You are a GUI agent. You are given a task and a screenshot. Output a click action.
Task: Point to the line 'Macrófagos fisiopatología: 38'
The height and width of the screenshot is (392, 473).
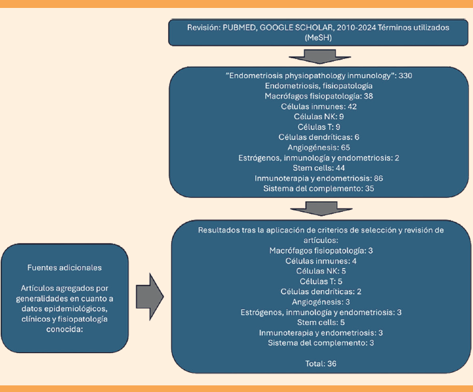[x=320, y=96]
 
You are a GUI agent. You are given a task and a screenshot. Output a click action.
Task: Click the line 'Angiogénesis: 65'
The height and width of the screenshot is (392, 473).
[x=320, y=147]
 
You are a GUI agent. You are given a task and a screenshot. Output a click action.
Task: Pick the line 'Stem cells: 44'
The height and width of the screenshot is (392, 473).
[x=320, y=168]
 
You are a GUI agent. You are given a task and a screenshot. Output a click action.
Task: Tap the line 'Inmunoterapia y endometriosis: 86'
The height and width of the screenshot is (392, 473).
[x=320, y=178]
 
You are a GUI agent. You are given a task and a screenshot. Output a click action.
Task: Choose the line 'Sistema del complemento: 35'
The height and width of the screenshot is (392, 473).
[x=320, y=188]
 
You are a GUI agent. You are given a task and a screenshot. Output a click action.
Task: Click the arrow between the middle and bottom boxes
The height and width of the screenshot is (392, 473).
[x=320, y=209]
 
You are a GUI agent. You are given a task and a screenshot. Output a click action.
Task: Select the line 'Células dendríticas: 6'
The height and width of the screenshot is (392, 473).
[x=320, y=137]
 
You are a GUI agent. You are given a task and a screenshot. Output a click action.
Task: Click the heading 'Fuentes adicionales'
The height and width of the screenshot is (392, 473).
[x=64, y=267]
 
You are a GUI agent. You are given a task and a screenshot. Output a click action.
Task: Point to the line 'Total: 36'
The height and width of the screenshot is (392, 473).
[x=321, y=364]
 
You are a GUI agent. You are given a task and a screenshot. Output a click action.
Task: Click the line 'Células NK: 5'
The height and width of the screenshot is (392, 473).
[x=321, y=271]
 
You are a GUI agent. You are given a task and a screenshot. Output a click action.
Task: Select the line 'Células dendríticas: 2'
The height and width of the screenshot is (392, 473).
[x=321, y=291]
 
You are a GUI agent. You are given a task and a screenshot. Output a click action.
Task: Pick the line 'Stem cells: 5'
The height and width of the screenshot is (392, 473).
[x=321, y=322]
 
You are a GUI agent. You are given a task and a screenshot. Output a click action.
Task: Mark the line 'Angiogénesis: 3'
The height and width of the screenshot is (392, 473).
[x=321, y=302]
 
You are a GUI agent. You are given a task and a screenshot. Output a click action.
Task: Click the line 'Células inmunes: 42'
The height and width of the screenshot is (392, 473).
[x=320, y=106]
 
